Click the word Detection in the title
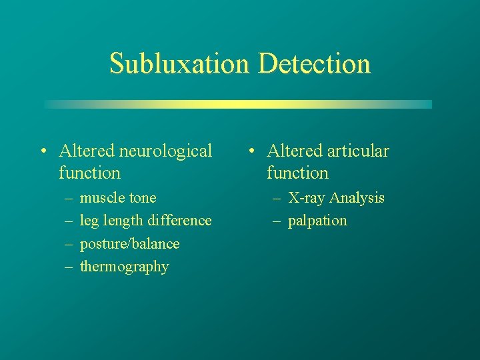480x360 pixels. point(313,64)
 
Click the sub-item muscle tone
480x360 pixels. point(118,198)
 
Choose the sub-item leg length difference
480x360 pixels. point(145,221)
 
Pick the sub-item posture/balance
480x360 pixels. point(129,243)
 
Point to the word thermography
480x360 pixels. point(124,267)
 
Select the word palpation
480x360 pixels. point(317,221)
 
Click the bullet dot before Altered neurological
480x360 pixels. point(42,152)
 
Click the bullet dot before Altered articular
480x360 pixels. point(250,152)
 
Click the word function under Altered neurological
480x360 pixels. point(89,173)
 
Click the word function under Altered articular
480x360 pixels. point(297,173)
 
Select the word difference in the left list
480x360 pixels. point(181,221)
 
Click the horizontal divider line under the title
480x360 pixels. point(238,104)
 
